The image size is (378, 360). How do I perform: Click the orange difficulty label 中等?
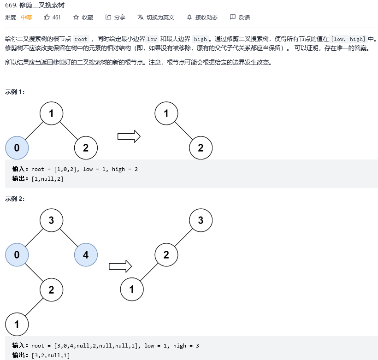pyautogui.click(x=26, y=18)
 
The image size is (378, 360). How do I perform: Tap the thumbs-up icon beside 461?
pyautogui.click(x=47, y=18)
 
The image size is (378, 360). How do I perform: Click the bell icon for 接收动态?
pyautogui.click(x=189, y=18)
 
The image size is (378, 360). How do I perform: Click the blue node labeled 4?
pyautogui.click(x=86, y=254)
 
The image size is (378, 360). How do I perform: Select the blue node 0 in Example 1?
pyautogui.click(x=17, y=148)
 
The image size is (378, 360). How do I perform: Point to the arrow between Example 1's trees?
pyautogui.click(x=129, y=136)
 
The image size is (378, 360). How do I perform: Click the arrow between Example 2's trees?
pyautogui.click(x=120, y=266)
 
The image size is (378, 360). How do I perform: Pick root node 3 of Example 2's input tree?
pyautogui.click(x=51, y=220)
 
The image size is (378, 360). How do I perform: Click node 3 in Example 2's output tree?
pyautogui.click(x=201, y=220)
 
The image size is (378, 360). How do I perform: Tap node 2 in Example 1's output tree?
pyautogui.click(x=201, y=148)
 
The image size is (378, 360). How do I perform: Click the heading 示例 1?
pyautogui.click(x=15, y=92)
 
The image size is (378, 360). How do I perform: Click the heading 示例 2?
pyautogui.click(x=15, y=199)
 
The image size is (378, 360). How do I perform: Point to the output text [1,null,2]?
pyautogui.click(x=47, y=179)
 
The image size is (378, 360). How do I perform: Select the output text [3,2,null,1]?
pyautogui.click(x=50, y=355)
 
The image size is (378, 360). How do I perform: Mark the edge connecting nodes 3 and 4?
pyautogui.click(x=69, y=237)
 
